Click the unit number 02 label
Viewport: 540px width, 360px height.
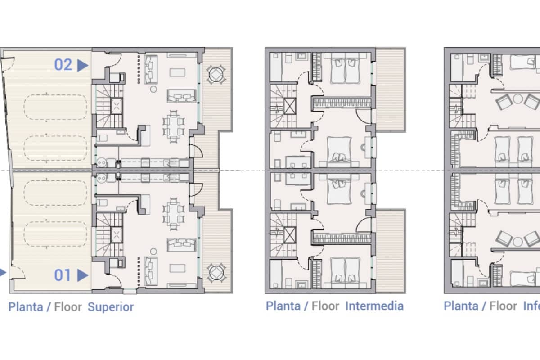pos(63,65)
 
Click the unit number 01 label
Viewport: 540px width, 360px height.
pos(63,275)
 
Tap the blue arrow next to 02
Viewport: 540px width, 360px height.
pos(82,66)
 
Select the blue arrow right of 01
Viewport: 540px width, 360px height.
pos(82,275)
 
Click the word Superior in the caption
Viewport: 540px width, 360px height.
pos(111,307)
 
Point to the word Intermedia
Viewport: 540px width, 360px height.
pos(374,306)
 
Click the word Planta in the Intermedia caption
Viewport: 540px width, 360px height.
pos(283,306)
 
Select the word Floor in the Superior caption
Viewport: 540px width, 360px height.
pos(68,307)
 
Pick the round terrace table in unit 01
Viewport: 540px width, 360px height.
pos(216,272)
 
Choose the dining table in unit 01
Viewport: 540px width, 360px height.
pos(174,215)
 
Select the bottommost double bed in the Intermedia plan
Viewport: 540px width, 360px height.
pos(345,270)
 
